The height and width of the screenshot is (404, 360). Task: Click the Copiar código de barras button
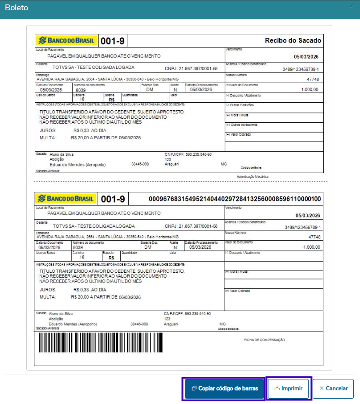[224, 388]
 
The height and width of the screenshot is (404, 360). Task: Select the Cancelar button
[333, 388]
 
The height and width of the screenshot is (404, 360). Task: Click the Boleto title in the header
[16, 8]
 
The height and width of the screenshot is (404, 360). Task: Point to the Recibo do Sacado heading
[293, 41]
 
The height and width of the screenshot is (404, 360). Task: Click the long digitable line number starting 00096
[234, 199]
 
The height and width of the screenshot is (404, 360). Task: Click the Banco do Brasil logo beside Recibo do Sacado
[67, 41]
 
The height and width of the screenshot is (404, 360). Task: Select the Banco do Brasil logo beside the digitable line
[67, 199]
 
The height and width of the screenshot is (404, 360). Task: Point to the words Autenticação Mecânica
[252, 177]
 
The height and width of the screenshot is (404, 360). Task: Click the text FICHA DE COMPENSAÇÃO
[264, 340]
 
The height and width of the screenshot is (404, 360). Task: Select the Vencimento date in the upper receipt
[306, 57]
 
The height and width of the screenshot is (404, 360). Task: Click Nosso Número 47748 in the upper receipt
[313, 79]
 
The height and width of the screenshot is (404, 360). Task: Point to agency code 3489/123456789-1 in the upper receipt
[301, 70]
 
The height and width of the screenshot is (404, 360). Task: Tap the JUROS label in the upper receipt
[48, 130]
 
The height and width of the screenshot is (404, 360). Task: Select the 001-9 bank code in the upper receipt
[113, 42]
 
